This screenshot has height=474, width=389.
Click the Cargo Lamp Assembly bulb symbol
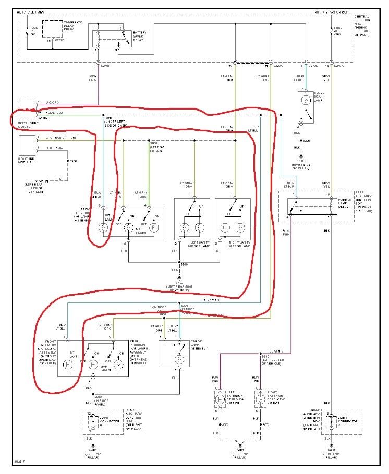(x=178, y=359)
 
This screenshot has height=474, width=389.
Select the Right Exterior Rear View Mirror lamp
(x=259, y=400)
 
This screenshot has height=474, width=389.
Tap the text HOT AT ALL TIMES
(x=35, y=11)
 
